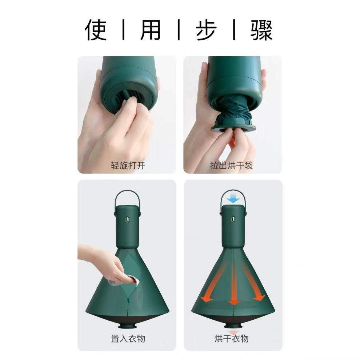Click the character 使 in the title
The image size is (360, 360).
[96, 30]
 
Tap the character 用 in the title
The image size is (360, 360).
[151, 30]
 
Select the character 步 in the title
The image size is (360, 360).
[206, 30]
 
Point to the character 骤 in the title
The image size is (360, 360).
[261, 30]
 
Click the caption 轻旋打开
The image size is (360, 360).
[128, 165]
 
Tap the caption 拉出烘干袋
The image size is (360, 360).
[232, 165]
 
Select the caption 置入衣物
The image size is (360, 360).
[128, 339]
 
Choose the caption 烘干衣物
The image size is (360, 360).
[232, 339]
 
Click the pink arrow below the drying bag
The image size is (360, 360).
[233, 332]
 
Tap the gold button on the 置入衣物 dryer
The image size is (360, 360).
[127, 220]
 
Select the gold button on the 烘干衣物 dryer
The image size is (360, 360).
[233, 219]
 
